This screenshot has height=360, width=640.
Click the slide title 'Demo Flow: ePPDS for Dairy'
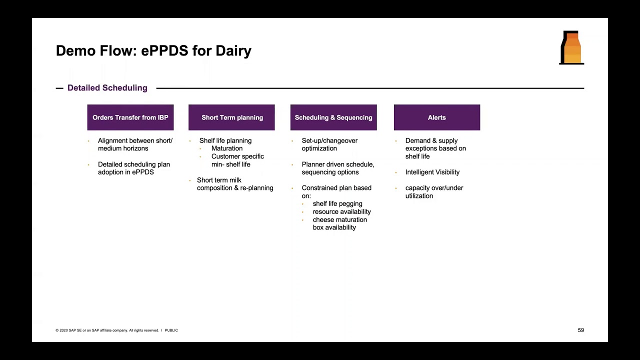pyautogui.click(x=153, y=51)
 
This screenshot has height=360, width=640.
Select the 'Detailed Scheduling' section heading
pyautogui.click(x=107, y=88)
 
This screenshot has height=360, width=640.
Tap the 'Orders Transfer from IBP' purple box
pyautogui.click(x=130, y=117)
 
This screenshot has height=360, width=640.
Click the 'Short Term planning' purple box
pyautogui.click(x=231, y=117)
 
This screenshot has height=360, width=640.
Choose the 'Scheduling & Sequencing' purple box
pyautogui.click(x=333, y=117)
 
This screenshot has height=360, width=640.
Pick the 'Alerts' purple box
pyautogui.click(x=436, y=117)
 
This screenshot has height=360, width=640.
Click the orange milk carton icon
pyautogui.click(x=571, y=48)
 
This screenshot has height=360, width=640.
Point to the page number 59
pyautogui.click(x=580, y=330)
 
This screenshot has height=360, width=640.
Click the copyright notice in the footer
pyautogui.click(x=107, y=330)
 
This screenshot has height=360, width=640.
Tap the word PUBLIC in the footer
pyautogui.click(x=171, y=330)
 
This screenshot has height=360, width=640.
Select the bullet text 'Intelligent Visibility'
pyautogui.click(x=432, y=172)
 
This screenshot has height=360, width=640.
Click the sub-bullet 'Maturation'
pyautogui.click(x=226, y=148)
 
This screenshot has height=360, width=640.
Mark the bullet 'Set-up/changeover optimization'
pyautogui.click(x=329, y=144)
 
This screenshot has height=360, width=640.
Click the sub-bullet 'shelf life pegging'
pyautogui.click(x=337, y=204)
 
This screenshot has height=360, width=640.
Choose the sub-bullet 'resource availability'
pyautogui.click(x=341, y=211)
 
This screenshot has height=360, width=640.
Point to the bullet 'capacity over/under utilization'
pyautogui.click(x=433, y=192)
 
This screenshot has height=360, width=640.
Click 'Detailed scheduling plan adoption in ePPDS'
pyautogui.click(x=133, y=168)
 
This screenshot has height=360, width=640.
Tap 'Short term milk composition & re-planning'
pyautogui.click(x=234, y=184)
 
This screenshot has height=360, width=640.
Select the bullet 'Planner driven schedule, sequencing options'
pyautogui.click(x=337, y=168)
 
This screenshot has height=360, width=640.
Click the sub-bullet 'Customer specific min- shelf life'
pyautogui.click(x=237, y=160)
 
